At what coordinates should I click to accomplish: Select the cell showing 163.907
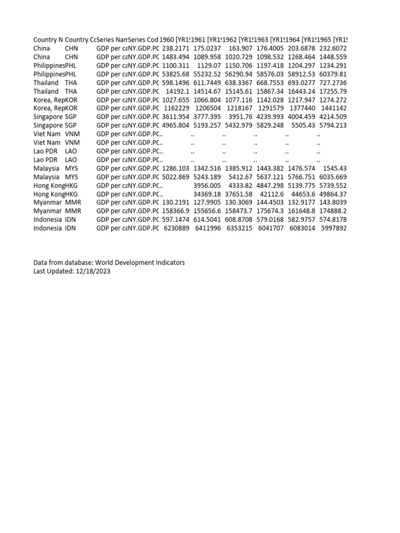pos(240,48)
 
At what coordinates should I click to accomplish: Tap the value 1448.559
pos(333,56)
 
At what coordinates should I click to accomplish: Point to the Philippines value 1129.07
pos(208,65)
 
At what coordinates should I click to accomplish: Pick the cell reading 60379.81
pos(333,73)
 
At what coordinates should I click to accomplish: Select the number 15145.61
pos(239,91)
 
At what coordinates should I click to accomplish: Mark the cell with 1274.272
pos(333,99)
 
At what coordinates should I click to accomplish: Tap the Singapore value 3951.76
pos(240,117)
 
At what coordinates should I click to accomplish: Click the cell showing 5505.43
pos(302,125)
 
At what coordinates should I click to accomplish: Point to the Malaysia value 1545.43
pos(335,168)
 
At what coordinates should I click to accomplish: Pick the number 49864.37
pos(333,194)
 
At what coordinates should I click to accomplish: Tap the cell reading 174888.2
pos(333,211)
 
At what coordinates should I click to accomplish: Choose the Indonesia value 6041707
pos(271,228)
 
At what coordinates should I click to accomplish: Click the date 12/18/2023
pos(93,271)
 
